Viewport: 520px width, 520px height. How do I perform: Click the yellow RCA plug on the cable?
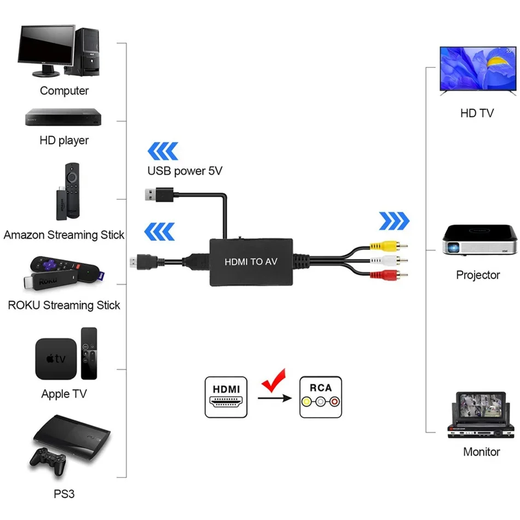click(x=389, y=246)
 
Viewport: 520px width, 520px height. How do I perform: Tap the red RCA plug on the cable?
click(x=389, y=275)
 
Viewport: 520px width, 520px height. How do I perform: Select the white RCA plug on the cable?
click(x=389, y=261)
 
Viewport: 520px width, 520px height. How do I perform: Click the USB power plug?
click(x=159, y=195)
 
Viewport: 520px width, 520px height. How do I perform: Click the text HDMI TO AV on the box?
click(x=251, y=262)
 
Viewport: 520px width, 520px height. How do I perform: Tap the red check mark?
click(x=274, y=381)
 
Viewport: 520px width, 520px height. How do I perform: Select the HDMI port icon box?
click(x=226, y=397)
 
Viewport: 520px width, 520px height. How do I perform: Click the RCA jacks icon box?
click(x=321, y=397)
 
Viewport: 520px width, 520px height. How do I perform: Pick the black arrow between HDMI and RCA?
click(x=275, y=398)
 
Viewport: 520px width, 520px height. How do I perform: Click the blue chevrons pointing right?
click(x=394, y=221)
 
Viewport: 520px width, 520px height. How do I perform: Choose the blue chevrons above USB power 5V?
click(x=163, y=151)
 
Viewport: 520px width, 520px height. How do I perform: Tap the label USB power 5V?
click(x=184, y=171)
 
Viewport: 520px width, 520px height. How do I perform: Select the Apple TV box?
click(x=56, y=359)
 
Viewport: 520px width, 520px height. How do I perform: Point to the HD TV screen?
click(x=478, y=68)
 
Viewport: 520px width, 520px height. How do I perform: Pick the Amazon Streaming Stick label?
click(x=64, y=235)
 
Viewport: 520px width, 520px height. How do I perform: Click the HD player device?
click(x=63, y=117)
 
